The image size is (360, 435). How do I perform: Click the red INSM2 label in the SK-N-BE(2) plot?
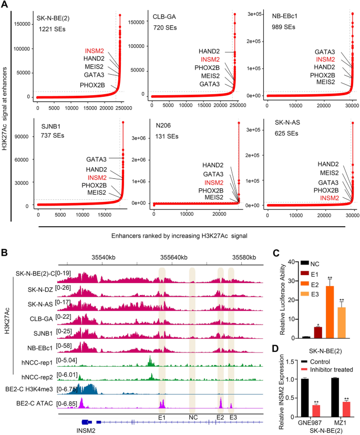coord(94,50)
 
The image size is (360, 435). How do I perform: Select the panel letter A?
coord(5,5)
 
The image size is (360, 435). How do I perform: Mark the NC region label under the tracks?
coord(192,417)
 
